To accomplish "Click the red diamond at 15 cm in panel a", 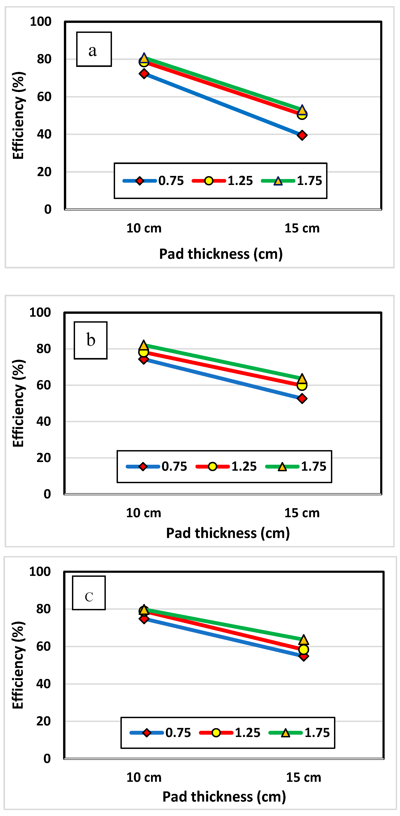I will click(x=302, y=135).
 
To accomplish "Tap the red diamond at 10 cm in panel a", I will click(x=144, y=74).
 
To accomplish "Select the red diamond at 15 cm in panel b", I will click(x=302, y=399).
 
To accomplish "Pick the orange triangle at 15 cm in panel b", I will click(x=302, y=379).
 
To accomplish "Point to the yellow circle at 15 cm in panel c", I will click(x=304, y=649).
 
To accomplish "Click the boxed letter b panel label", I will click(x=91, y=340).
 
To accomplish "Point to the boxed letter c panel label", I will click(x=89, y=597).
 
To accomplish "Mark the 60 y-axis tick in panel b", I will click(x=43, y=385).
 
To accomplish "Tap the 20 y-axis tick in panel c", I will click(x=43, y=721).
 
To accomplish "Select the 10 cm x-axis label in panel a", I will click(x=144, y=228).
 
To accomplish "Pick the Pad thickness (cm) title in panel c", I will click(x=224, y=797).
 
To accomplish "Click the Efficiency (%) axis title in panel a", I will click(x=18, y=115).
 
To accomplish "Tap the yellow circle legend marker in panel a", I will click(x=209, y=181).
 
